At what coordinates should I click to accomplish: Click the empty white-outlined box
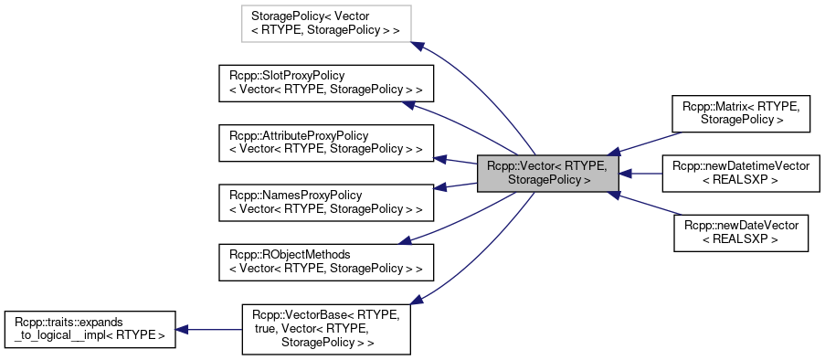coord(326,24)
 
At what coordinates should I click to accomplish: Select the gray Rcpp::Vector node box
coord(548,173)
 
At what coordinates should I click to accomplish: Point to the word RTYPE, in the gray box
coord(586,165)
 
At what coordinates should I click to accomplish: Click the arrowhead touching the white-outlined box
coord(418,46)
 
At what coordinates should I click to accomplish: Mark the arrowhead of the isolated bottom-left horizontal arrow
coord(181,329)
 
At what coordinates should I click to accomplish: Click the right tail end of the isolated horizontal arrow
coord(241,329)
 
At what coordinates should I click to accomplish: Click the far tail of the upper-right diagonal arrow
coord(682,132)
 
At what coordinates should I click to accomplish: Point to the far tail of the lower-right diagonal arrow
coord(682,214)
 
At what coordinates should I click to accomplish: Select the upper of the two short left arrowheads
coord(439,159)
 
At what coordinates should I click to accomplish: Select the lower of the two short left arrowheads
coord(439,187)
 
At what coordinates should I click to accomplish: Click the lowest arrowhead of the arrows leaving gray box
coord(416,299)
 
